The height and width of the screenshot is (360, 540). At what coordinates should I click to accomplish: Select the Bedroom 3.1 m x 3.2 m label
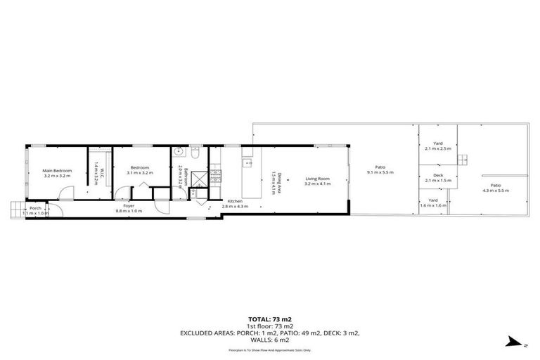point(139,169)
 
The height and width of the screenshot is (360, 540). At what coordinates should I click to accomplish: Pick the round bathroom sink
point(179,151)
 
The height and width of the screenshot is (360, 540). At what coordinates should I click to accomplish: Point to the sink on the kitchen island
point(247,163)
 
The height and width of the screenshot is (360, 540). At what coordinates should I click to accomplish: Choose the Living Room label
point(317,181)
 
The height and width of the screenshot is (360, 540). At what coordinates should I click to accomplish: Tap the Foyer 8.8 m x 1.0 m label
point(129,209)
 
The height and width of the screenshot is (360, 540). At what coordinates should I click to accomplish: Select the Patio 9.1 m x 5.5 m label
point(380,169)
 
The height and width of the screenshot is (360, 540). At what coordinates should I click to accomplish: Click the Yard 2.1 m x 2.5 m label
point(437,147)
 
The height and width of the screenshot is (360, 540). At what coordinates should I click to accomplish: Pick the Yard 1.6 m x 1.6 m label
point(433,202)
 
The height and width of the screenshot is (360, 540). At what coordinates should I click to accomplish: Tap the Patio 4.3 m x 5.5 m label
point(496,188)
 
